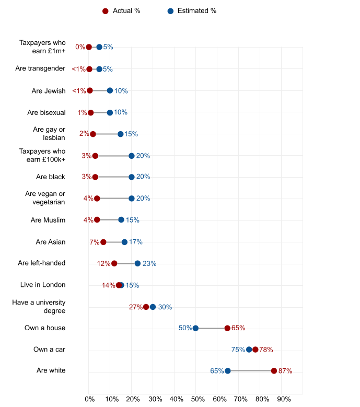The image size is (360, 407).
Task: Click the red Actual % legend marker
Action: (x=105, y=11)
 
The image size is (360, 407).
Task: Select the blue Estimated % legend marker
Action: (x=170, y=11)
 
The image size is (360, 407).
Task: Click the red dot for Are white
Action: (x=274, y=371)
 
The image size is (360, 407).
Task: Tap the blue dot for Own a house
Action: (x=195, y=328)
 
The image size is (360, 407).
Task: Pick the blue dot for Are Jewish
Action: (x=110, y=90)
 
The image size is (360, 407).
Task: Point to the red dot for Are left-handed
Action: (x=114, y=263)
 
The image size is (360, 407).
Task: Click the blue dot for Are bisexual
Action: (x=110, y=112)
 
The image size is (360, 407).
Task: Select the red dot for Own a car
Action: (x=256, y=350)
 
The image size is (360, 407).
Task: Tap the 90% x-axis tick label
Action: (x=284, y=399)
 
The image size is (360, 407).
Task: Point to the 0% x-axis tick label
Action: (x=89, y=399)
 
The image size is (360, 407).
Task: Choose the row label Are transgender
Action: (x=40, y=68)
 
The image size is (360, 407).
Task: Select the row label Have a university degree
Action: (x=39, y=306)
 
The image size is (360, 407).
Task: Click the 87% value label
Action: (x=285, y=371)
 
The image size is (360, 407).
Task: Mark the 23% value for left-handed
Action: (x=149, y=264)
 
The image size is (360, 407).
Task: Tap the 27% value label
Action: (x=135, y=307)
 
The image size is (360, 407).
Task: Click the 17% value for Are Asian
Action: (x=136, y=242)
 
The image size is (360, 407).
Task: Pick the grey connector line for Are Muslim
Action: (x=109, y=220)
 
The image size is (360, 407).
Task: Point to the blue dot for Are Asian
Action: (x=124, y=242)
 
